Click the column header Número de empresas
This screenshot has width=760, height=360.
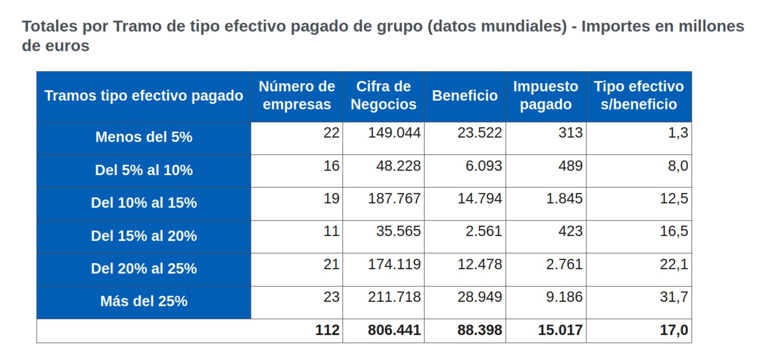297,95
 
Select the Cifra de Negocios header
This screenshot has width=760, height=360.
383,95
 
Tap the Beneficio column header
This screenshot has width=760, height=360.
465,96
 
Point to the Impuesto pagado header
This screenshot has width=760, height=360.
546,95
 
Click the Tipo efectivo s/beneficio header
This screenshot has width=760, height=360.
639,95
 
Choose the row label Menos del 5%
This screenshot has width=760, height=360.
144,137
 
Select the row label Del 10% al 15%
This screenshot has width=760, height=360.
144,203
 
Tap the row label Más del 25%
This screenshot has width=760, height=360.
144,301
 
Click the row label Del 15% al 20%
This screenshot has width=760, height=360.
144,236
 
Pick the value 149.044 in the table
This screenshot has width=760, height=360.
394,133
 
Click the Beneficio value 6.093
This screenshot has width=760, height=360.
484,166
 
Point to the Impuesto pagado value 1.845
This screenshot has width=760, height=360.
564,199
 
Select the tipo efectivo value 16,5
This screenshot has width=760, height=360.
674,232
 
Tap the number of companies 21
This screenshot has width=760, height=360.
331,264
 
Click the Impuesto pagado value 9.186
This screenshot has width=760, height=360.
564,297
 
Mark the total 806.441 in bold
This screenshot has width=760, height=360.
394,330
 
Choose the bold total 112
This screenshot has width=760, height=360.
327,330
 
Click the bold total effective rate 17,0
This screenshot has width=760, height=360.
674,330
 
